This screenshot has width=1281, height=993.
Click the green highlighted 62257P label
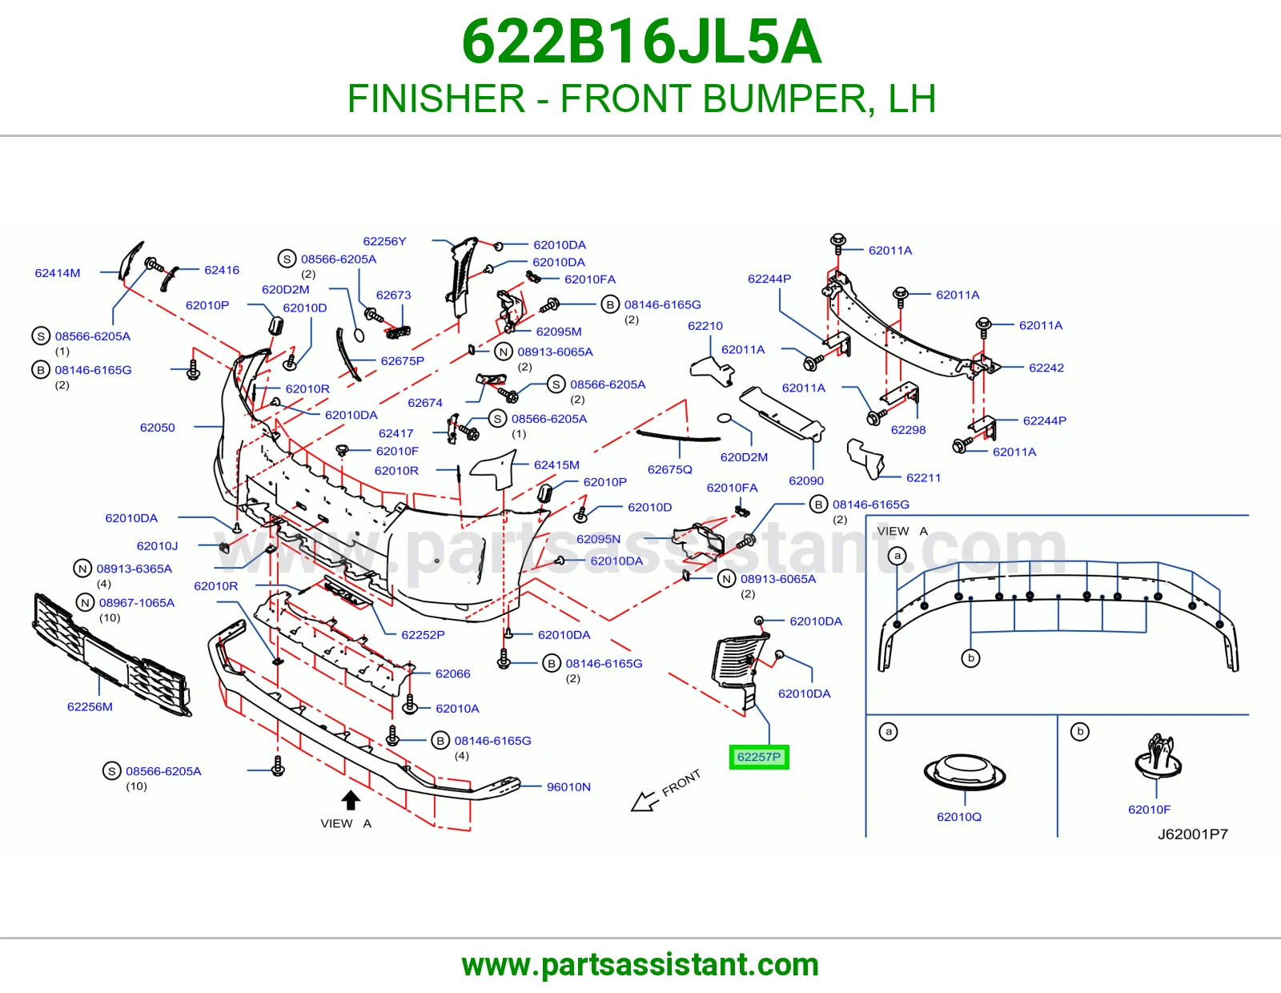tap(759, 757)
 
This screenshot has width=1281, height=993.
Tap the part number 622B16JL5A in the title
tap(641, 42)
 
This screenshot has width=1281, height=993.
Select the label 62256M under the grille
tap(90, 707)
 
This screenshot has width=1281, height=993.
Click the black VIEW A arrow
tap(351, 799)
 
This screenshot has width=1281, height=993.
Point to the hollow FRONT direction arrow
tap(644, 801)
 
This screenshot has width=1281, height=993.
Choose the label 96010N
tap(568, 786)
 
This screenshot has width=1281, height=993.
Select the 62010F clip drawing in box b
tap(1158, 757)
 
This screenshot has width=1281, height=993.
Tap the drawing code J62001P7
tap(1193, 834)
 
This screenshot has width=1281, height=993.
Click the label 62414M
tap(57, 273)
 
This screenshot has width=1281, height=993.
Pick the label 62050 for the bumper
tap(158, 428)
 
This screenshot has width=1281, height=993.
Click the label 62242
tap(1046, 368)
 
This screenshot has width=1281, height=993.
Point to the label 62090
tap(806, 480)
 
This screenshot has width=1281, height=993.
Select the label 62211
tap(923, 477)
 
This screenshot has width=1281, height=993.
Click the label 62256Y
tap(384, 241)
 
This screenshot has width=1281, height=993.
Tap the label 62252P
tap(423, 634)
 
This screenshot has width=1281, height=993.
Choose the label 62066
tap(452, 673)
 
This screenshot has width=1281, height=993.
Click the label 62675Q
tap(669, 469)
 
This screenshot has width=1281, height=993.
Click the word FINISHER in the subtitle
tap(436, 98)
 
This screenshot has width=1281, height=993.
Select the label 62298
tap(908, 430)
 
